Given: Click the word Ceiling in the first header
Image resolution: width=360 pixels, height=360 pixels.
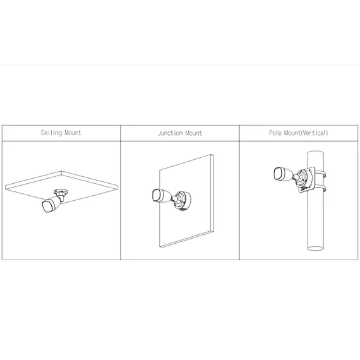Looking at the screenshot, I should [x=51, y=133].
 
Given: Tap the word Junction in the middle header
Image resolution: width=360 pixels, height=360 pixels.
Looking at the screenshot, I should [x=169, y=133].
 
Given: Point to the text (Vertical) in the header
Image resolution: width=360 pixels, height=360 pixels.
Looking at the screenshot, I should [x=314, y=133].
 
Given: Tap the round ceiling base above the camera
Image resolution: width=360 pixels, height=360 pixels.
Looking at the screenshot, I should [x=61, y=192].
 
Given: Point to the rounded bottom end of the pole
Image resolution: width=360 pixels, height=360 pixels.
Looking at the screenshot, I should [x=315, y=248].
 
